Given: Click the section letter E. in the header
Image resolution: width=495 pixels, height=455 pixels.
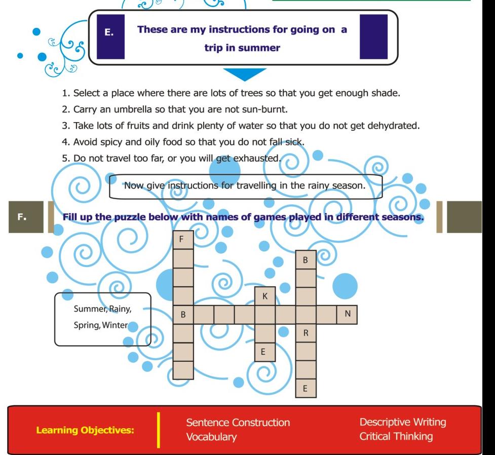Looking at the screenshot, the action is point(109,32).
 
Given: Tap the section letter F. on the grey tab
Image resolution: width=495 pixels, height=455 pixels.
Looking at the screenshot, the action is point(21,217).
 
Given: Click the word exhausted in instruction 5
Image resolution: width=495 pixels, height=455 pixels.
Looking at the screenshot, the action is point(257,158).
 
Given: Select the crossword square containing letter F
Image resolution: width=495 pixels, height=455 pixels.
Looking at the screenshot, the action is point(183,239).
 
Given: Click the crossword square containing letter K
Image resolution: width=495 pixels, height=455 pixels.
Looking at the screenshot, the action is point(265,296).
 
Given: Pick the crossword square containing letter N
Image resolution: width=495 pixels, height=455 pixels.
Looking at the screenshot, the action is point(347,314).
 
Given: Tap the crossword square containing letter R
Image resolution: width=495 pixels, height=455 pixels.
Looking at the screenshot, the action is point(306,333).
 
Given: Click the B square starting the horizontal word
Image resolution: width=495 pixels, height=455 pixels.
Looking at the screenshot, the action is point(183,315).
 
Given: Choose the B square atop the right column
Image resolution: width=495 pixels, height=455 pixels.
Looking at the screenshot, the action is point(306,260).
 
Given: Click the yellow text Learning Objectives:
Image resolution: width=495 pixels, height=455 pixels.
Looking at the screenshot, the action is point(85,430).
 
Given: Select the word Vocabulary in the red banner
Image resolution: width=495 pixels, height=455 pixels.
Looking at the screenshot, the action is point(211,437).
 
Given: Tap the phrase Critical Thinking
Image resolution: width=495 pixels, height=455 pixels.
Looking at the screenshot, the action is point(396,436).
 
